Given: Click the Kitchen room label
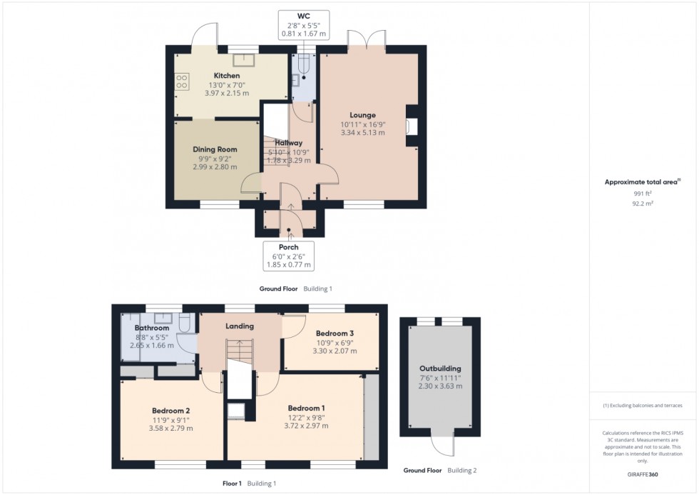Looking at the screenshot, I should [227, 76].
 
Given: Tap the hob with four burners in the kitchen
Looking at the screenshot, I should [181, 82].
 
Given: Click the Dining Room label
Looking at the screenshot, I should [215, 149].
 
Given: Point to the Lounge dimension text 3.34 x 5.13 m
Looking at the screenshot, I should [362, 132].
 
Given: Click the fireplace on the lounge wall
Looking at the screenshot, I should [409, 126].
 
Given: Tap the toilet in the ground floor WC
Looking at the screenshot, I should [304, 65].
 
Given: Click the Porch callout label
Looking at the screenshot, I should [289, 247].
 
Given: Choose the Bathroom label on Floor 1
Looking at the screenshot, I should [152, 328].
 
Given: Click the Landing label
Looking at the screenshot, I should [240, 326].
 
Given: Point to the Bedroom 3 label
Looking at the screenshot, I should [335, 333].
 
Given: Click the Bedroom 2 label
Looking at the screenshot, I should [170, 411].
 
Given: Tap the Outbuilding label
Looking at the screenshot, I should [440, 369].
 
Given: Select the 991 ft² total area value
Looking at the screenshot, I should [643, 193].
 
